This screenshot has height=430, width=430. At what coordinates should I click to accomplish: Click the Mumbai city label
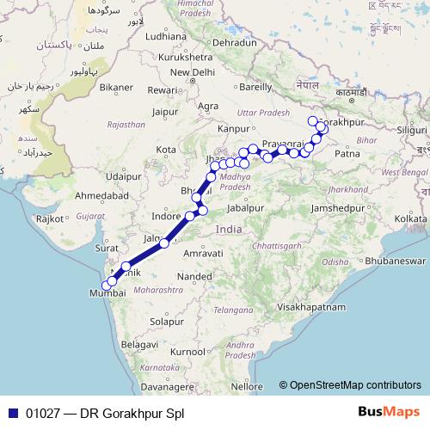coord(107,293)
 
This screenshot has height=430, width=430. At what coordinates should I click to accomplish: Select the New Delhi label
coord(192,72)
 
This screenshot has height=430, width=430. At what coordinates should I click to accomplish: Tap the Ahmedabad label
coord(101,196)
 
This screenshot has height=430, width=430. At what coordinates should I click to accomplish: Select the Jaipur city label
coord(164,111)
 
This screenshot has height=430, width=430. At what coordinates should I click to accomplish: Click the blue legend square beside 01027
coord(11,413)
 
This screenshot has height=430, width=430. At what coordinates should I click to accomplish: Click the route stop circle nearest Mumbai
coord(106,286)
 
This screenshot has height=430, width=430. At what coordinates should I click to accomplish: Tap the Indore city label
coord(166,215)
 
